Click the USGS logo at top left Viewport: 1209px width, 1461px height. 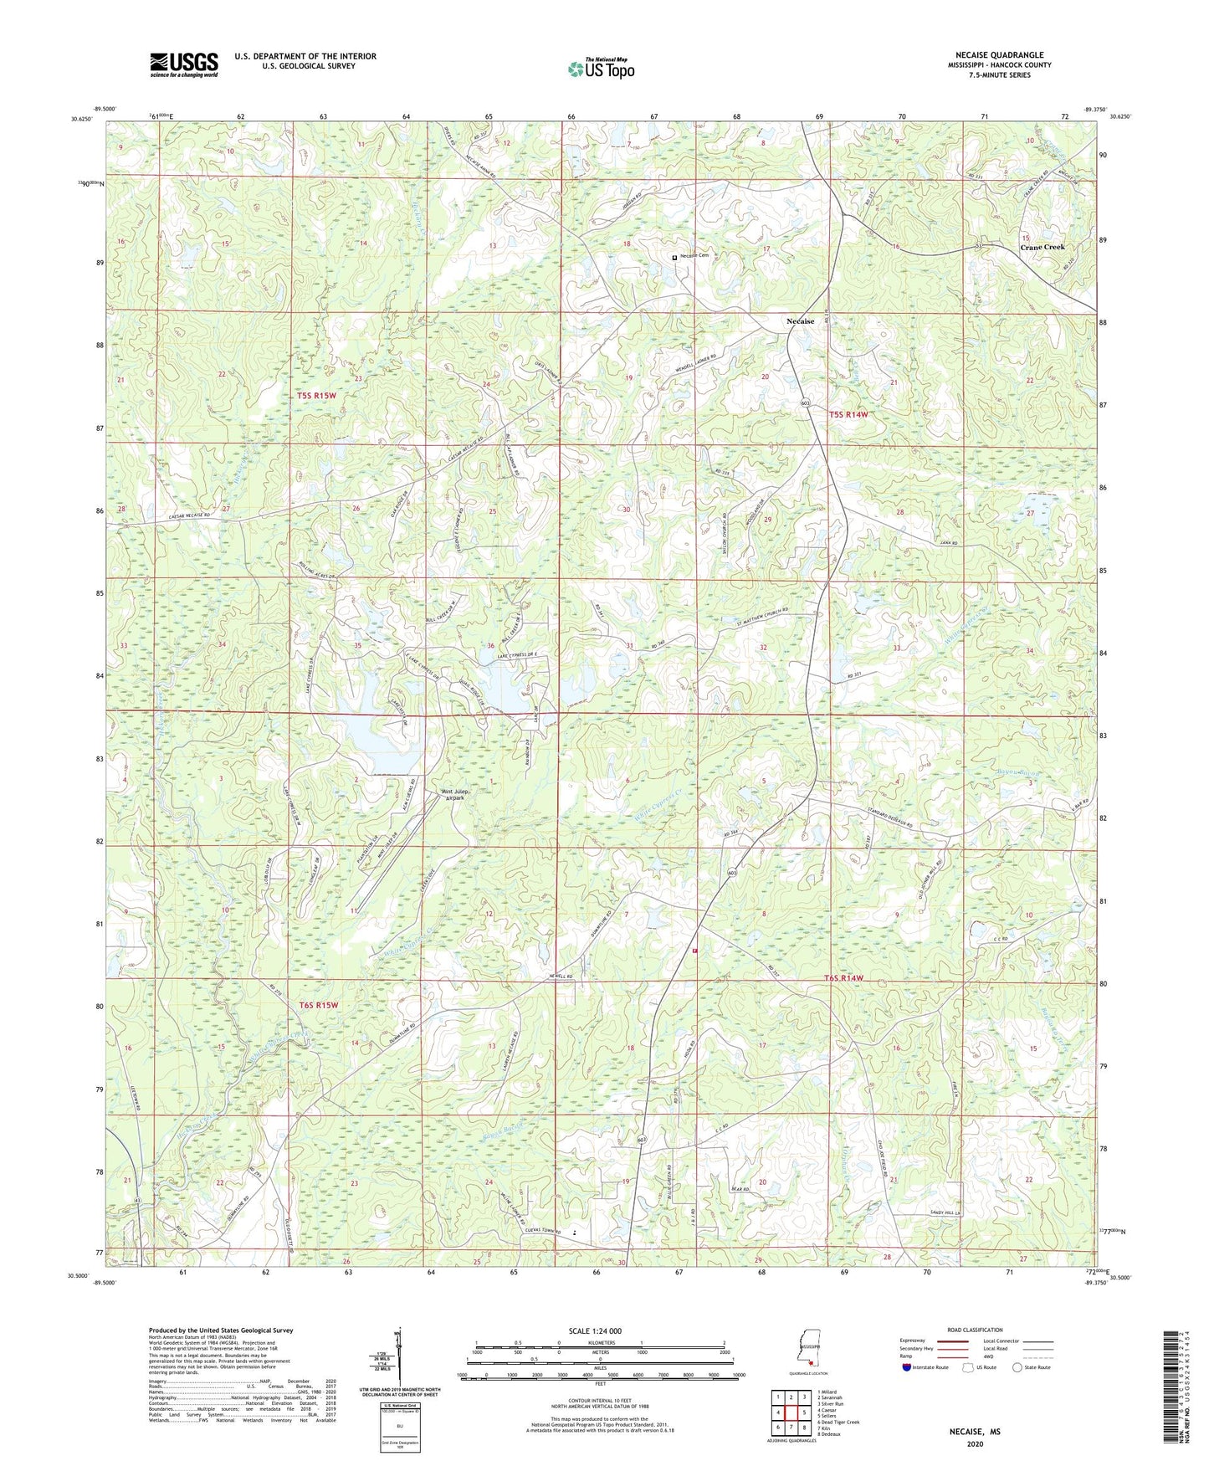click(x=184, y=64)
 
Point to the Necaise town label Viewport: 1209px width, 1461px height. click(x=800, y=321)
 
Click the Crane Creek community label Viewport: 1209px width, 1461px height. click(x=1042, y=247)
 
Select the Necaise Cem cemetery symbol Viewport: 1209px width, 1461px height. click(x=674, y=258)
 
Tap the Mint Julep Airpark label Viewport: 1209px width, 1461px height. click(x=453, y=795)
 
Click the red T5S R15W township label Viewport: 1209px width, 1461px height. click(x=315, y=395)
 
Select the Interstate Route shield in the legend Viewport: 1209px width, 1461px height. click(x=908, y=1367)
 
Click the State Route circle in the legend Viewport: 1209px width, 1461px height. click(x=1017, y=1367)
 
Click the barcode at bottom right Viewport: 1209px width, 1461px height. click(x=1171, y=1388)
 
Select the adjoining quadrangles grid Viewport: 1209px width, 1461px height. click(x=791, y=1412)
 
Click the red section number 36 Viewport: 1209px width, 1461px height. click(x=490, y=645)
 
